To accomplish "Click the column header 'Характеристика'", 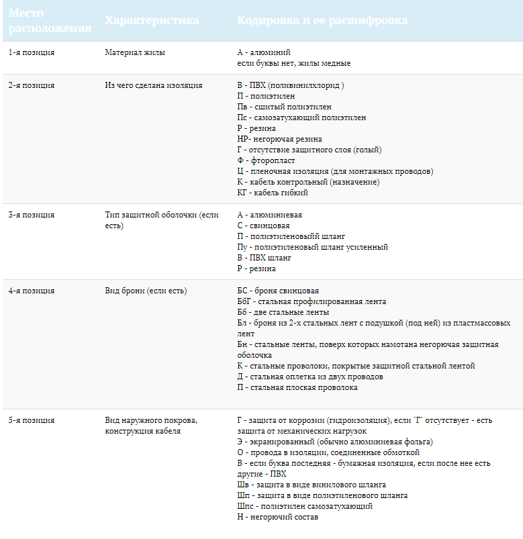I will click(x=152, y=20).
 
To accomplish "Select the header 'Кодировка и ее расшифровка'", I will click(x=322, y=20).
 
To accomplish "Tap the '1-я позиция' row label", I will click(x=32, y=52).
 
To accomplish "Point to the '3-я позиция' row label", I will click(x=32, y=215).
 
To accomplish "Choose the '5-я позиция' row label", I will click(x=32, y=420).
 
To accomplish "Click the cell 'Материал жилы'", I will click(x=135, y=52).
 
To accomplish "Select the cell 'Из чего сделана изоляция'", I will click(x=154, y=85).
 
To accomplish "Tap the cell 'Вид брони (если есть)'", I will click(x=146, y=291).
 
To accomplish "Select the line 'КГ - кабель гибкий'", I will click(x=273, y=193).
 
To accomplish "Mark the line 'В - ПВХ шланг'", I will click(x=265, y=258).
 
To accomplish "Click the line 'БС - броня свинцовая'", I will click(x=278, y=291).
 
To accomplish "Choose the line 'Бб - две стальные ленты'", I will click(x=283, y=312).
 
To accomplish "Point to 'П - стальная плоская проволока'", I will click(x=297, y=387).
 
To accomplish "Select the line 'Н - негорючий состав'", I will click(x=277, y=517).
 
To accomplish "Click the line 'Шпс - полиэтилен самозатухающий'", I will click(x=305, y=506).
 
